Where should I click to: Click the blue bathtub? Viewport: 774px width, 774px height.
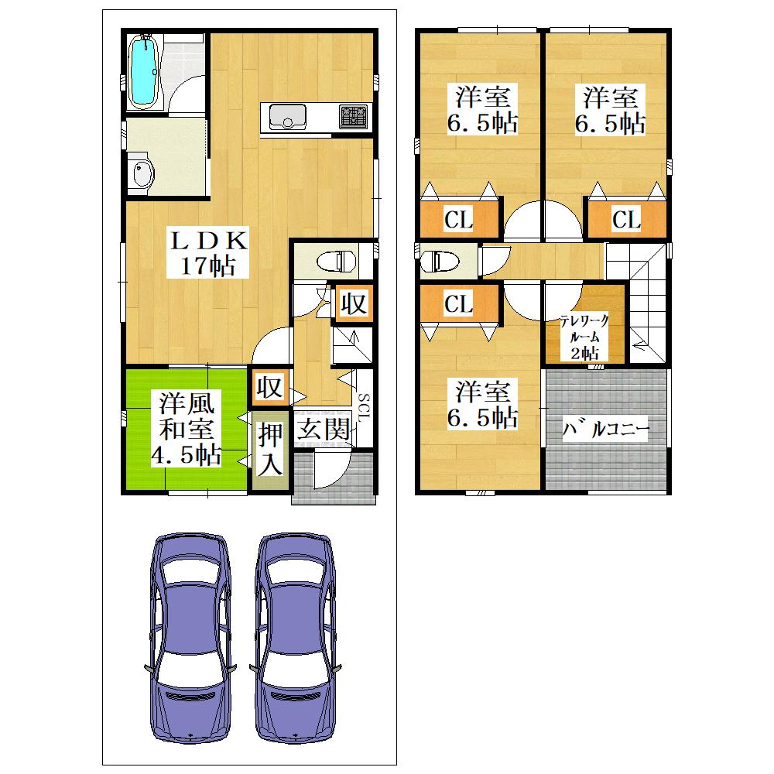[143, 72]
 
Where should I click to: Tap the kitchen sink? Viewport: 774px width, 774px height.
[287, 118]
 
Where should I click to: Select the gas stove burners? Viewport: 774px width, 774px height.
[354, 117]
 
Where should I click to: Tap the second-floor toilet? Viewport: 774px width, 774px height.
[440, 261]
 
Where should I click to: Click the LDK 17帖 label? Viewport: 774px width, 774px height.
[207, 253]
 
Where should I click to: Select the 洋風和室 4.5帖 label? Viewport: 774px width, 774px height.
[186, 429]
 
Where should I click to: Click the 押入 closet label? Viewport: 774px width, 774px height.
[270, 449]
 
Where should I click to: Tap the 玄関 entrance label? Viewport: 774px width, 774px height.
[324, 429]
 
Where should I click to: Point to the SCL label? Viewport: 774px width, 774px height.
[362, 408]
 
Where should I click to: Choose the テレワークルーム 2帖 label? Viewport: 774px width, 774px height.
[584, 337]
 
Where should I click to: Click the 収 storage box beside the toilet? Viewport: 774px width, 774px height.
[354, 303]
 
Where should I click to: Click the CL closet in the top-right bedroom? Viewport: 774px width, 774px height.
[627, 219]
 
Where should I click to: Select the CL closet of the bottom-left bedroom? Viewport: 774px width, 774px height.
[459, 303]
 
